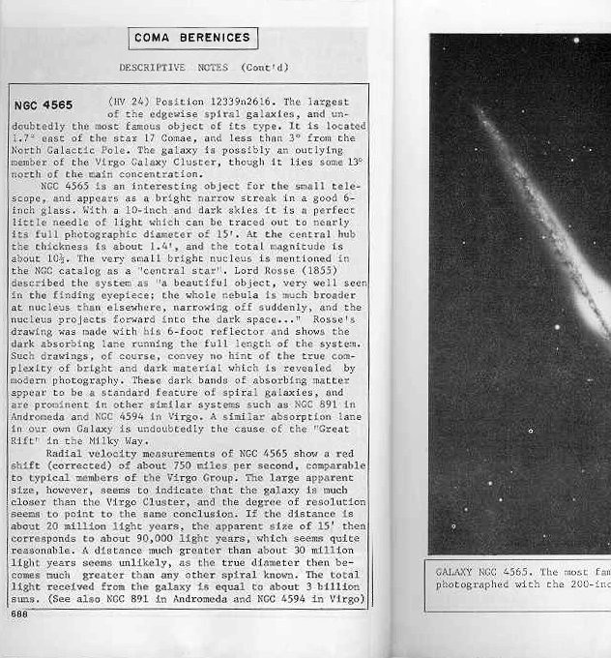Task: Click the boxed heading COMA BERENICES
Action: point(193,38)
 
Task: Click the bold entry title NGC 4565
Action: point(44,105)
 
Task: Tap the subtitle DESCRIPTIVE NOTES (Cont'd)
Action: point(204,68)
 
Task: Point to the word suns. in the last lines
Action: point(26,600)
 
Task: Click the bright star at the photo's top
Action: point(575,42)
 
